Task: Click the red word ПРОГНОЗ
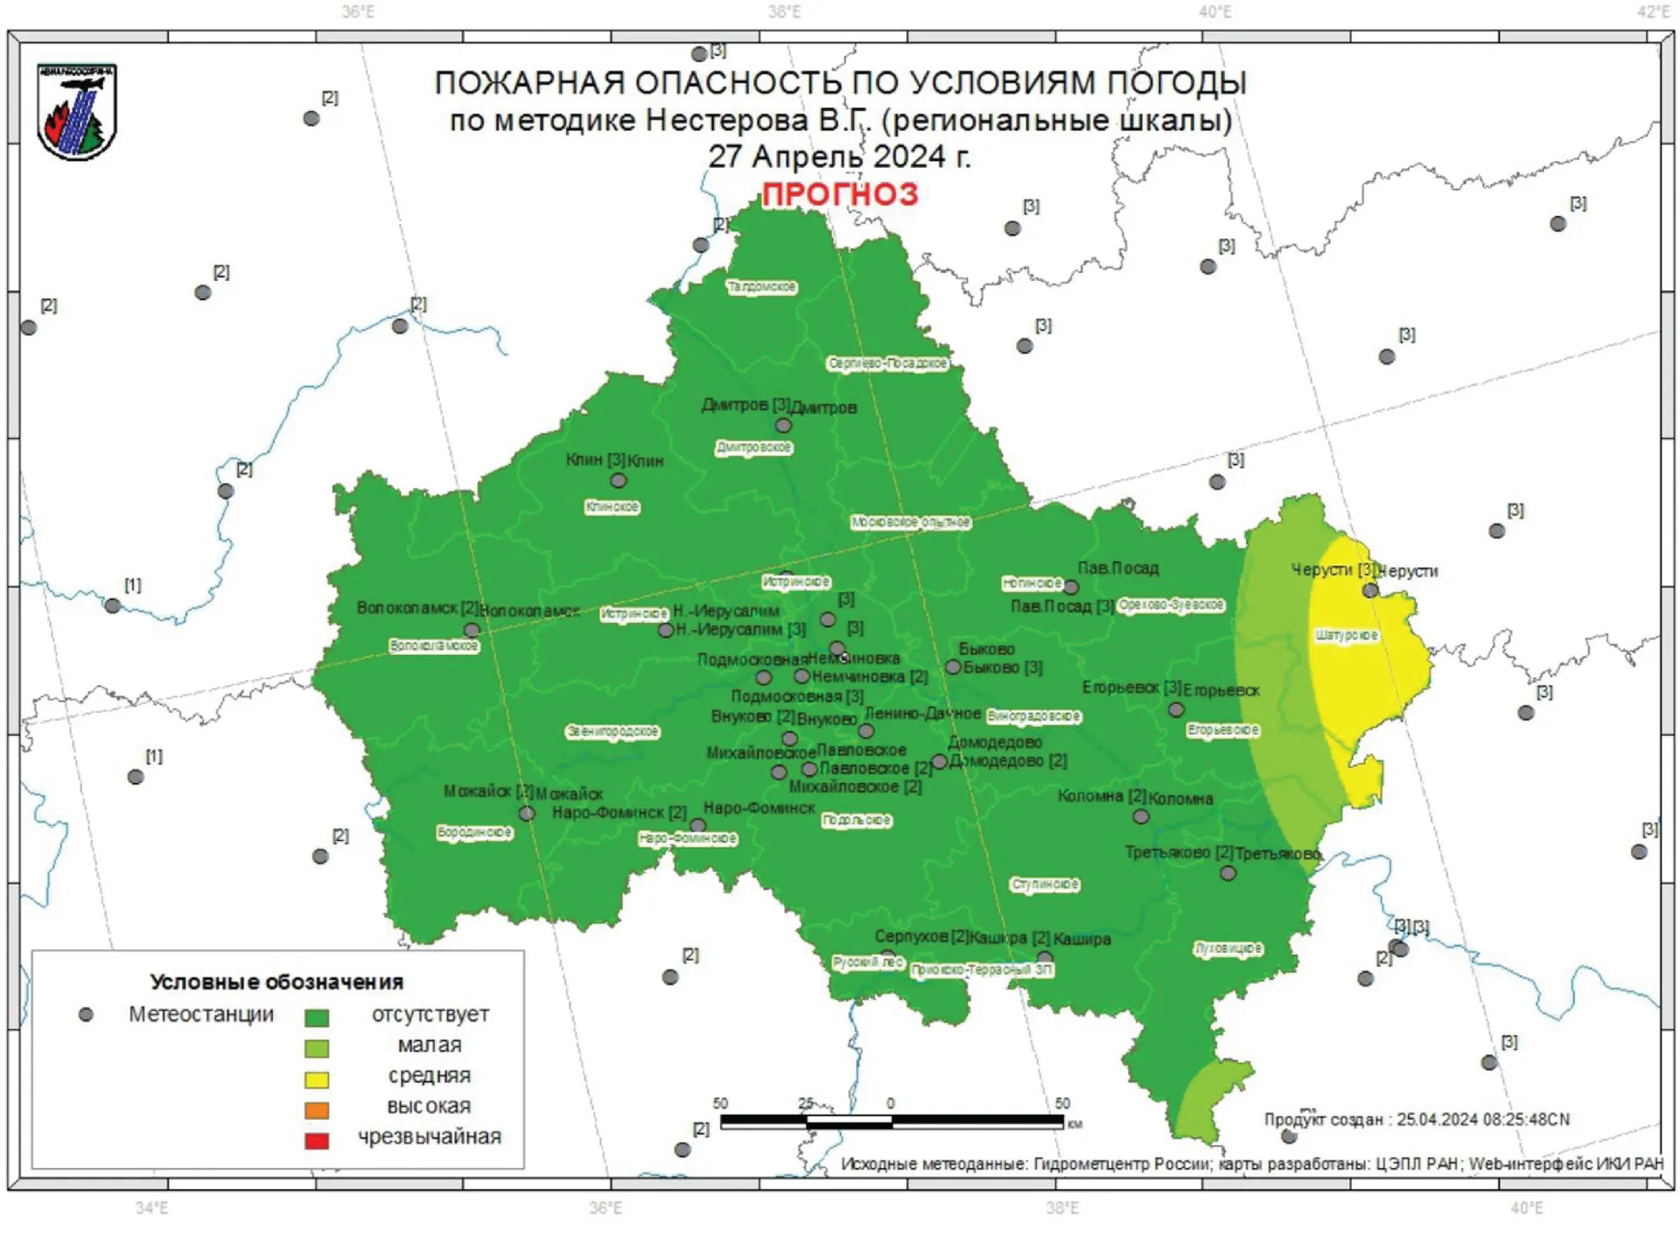coord(839,194)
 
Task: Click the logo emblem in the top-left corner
coord(76,111)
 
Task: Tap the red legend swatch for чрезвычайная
coord(316,1140)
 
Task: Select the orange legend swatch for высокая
coord(316,1109)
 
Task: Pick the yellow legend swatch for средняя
coord(316,1079)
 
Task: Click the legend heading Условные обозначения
coord(276,982)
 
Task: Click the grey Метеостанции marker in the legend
coord(86,1014)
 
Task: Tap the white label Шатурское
coord(1347,635)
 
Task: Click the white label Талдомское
coord(762,287)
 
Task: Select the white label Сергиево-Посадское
coord(887,363)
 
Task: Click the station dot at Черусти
coord(1370,591)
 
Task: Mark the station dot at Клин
coord(619,480)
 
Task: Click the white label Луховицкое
coord(1228,948)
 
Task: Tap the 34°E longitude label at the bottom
coord(151,1208)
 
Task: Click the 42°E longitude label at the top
coord(1653,11)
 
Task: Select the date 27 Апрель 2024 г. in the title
coord(839,157)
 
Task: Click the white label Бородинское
coord(474,832)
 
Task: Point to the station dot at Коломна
coord(1141,816)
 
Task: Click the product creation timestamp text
coord(1417,1119)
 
